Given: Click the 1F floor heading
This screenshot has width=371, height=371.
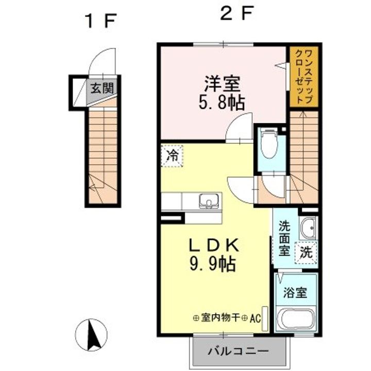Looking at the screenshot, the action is coord(101,21).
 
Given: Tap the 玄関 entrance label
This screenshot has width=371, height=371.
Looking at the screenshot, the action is coord(102,88).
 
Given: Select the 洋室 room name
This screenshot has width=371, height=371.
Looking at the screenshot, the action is coord(223,84).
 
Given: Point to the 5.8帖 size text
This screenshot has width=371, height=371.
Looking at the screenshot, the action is coord(222,103).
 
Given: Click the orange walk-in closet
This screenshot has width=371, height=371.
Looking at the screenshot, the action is coord(304,77).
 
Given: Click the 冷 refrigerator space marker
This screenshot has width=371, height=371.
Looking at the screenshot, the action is coord(172,156).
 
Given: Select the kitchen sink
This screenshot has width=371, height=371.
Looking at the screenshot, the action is coord(209,201).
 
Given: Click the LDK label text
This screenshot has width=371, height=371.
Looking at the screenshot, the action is coord(213,245).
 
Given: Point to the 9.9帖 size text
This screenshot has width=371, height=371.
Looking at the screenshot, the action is coord(212,264).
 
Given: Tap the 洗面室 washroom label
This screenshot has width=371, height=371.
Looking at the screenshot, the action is coord(284,238).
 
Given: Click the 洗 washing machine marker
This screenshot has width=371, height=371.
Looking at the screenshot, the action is coord(306,252).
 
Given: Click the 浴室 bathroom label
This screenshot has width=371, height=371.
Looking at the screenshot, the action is coord(295,293).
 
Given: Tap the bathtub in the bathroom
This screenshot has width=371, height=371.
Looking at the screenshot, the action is coord(296,318).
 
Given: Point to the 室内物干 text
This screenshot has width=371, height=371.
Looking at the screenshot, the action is coord(221,318).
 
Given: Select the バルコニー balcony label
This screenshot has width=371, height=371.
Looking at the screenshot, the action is coord(238,351).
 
